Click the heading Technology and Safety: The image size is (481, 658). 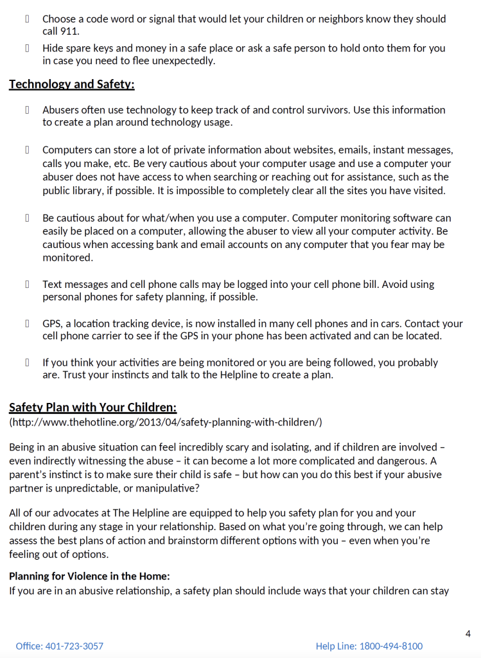click(71, 84)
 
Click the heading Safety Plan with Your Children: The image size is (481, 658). click(92, 407)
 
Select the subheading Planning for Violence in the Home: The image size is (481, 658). click(89, 576)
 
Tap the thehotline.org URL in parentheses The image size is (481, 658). click(166, 422)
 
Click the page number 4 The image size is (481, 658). click(468, 634)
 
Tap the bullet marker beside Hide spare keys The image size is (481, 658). click(28, 48)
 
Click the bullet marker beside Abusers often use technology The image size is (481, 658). click(28, 110)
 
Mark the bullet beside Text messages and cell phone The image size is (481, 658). click(28, 284)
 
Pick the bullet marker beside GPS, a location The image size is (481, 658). click(28, 323)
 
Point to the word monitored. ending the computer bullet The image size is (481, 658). click(67, 257)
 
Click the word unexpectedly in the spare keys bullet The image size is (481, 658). click(182, 60)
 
